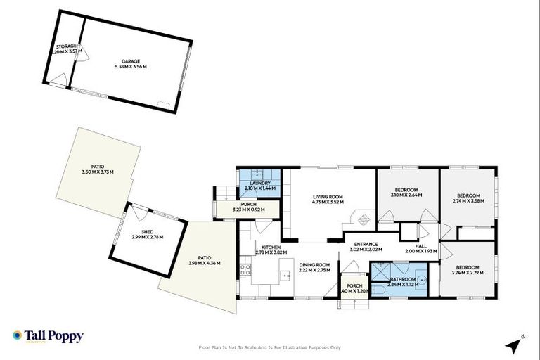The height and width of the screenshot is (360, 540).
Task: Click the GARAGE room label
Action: tap(129, 60)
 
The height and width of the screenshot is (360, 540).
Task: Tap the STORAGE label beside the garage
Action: tap(67, 46)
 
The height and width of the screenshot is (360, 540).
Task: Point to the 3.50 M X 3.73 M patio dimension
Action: tap(97, 172)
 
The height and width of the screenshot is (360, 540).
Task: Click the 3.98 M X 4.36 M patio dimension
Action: tap(204, 263)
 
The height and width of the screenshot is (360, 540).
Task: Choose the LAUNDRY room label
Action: tap(259, 184)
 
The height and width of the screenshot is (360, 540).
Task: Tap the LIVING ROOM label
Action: tap(327, 197)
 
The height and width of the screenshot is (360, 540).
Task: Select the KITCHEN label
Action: tap(271, 247)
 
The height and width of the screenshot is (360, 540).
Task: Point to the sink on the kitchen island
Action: tap(286, 275)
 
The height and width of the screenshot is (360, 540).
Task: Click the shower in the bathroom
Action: tap(380, 269)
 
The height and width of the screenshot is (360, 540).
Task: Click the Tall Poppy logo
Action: tap(48, 336)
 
